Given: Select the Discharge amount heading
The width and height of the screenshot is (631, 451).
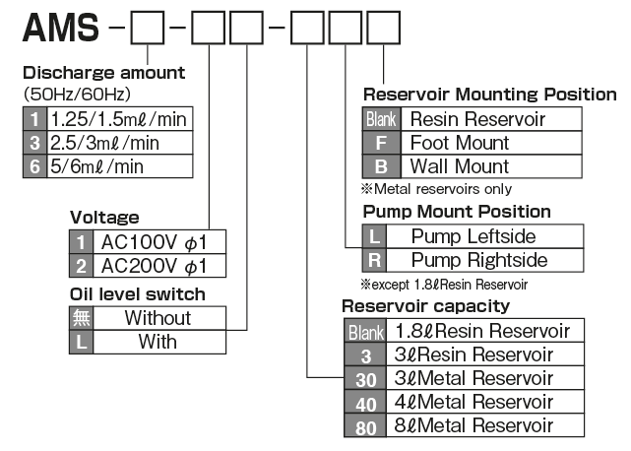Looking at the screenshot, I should tap(103, 73).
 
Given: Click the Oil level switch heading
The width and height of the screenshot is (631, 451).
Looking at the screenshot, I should tap(138, 293).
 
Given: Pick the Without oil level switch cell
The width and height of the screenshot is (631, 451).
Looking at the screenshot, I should tap(158, 317).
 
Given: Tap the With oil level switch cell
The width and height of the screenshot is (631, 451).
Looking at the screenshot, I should tap(158, 341).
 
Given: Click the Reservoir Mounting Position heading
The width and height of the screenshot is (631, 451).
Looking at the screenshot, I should tap(489, 95).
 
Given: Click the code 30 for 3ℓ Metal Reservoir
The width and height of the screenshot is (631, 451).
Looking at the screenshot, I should tap(364, 378).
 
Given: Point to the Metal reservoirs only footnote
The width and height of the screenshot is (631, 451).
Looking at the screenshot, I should tap(437, 189).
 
